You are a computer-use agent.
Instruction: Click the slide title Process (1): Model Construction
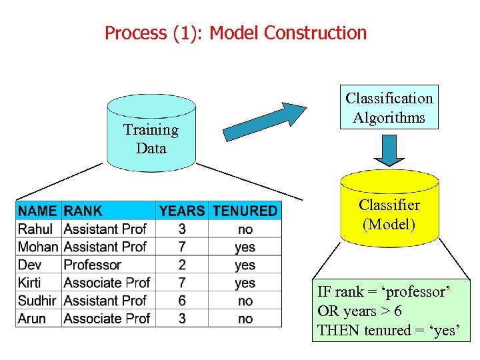click(x=235, y=33)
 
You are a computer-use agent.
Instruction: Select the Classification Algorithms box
click(x=389, y=107)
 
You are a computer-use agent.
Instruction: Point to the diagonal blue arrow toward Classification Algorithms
click(x=264, y=121)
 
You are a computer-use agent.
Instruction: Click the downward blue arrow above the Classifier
click(x=389, y=149)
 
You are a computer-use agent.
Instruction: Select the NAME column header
click(x=38, y=211)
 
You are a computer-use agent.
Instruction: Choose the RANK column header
click(x=83, y=211)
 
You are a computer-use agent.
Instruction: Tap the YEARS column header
click(x=182, y=211)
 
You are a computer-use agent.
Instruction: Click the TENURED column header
click(x=245, y=211)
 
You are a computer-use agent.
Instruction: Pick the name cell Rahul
click(x=36, y=229)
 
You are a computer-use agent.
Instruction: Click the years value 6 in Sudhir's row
click(x=182, y=301)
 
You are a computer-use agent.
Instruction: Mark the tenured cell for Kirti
click(x=245, y=283)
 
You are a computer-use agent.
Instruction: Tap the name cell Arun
click(x=32, y=319)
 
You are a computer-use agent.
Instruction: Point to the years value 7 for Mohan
click(x=182, y=247)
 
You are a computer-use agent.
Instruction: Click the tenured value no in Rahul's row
click(x=245, y=229)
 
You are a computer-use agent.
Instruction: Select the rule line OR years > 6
click(x=359, y=311)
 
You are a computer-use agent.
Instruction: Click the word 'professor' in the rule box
click(x=425, y=292)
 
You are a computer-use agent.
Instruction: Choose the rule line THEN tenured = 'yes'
click(x=389, y=330)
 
